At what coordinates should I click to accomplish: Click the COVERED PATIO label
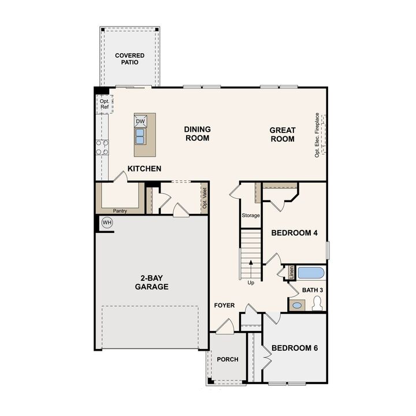click(x=129, y=59)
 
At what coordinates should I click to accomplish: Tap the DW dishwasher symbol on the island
click(x=140, y=121)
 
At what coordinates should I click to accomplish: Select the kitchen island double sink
click(x=140, y=136)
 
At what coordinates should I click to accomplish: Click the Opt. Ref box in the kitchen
click(x=104, y=104)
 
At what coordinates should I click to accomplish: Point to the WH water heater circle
click(x=107, y=222)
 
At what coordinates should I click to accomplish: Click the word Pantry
click(x=120, y=211)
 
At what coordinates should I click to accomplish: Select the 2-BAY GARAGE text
click(x=152, y=283)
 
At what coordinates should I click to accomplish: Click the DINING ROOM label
click(x=197, y=134)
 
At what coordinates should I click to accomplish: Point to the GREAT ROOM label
click(x=283, y=135)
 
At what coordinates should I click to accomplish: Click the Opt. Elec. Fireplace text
click(x=317, y=135)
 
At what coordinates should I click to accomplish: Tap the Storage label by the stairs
click(x=251, y=216)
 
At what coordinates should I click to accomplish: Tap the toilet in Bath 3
click(x=317, y=304)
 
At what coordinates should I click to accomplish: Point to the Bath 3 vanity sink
click(x=297, y=305)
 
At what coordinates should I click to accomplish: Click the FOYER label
click(x=224, y=305)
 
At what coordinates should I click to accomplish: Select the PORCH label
click(x=228, y=359)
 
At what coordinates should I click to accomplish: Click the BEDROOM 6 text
click(x=295, y=348)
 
